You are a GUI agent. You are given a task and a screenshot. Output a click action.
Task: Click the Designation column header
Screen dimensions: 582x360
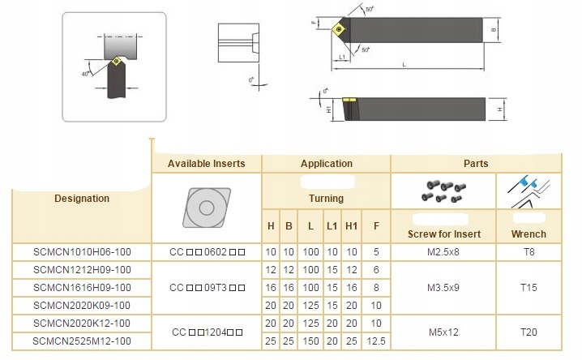tap(82, 199)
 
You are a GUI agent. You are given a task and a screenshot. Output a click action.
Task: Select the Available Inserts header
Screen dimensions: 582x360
tap(207, 164)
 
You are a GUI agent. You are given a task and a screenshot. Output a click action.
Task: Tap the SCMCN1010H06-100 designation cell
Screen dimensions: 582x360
tap(82, 252)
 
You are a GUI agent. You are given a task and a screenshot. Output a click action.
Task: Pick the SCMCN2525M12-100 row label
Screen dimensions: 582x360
tap(82, 341)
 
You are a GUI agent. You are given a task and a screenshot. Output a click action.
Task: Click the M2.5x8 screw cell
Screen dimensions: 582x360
tap(443, 252)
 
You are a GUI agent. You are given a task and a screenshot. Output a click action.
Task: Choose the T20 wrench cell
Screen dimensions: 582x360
tap(529, 332)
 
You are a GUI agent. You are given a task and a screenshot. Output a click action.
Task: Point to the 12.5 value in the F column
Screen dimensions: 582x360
tap(376, 341)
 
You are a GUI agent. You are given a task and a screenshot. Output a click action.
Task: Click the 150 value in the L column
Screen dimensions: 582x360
tap(310, 341)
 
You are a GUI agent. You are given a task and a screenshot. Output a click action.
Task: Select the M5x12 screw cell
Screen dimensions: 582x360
tap(443, 332)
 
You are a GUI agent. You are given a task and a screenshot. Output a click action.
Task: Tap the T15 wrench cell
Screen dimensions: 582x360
tap(529, 288)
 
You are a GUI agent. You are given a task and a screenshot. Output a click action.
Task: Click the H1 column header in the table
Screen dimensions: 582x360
tap(351, 226)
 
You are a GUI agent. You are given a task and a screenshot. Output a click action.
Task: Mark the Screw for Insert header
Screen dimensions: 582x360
tap(444, 234)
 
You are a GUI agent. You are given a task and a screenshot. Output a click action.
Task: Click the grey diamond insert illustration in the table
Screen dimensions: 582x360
tap(207, 208)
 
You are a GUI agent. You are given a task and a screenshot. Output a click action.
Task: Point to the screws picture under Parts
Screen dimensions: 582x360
tap(443, 191)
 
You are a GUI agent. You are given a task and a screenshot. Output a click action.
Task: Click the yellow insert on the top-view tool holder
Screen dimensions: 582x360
tap(339, 29)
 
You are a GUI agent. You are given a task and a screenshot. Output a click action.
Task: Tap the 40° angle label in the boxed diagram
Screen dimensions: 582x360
tap(86, 74)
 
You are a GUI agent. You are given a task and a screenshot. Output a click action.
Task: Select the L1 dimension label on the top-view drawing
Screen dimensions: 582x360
tap(342, 57)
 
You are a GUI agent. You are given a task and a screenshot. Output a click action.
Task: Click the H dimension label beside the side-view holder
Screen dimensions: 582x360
tap(500, 109)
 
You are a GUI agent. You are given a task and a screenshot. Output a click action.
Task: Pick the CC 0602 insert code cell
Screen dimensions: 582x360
tap(207, 252)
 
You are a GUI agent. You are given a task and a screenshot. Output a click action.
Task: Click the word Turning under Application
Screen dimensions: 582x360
tap(327, 199)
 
